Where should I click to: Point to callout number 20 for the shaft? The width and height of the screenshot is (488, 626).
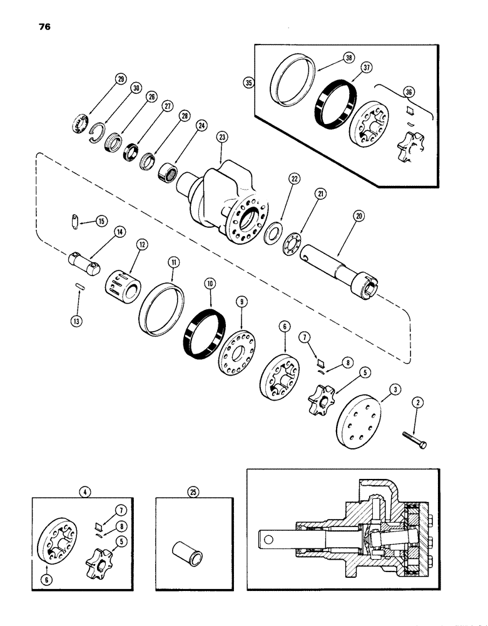(x=358, y=215)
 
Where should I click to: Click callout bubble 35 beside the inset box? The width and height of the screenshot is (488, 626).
(x=250, y=83)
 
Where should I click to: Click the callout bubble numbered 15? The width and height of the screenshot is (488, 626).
(x=102, y=221)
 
